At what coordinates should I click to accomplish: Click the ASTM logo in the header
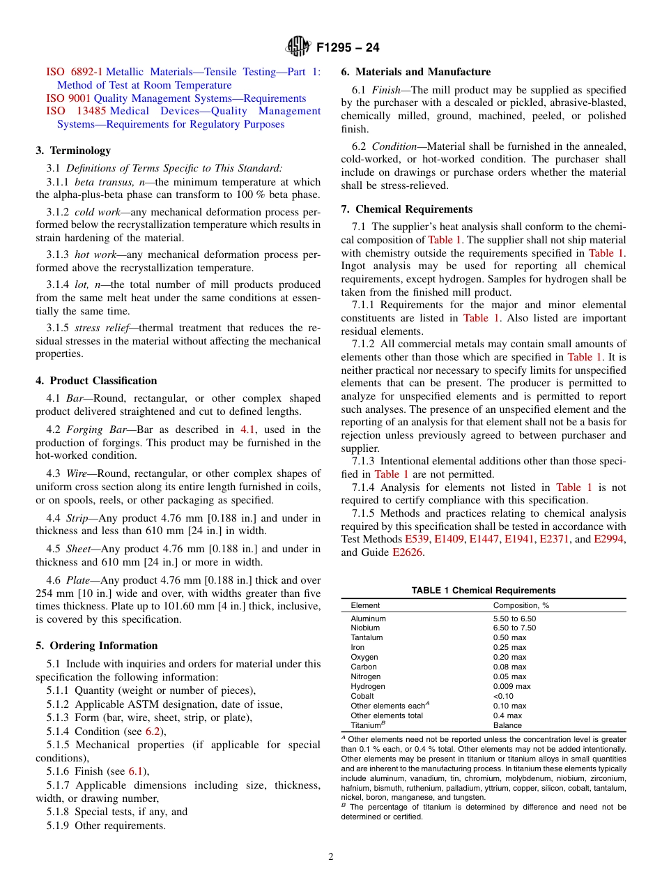298,47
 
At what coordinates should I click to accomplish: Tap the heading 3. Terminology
73,151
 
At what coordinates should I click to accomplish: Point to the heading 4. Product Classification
96,381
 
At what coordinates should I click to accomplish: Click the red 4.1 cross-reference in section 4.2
247,430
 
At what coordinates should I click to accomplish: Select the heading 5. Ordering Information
97,646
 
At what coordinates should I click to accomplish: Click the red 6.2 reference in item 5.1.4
153,731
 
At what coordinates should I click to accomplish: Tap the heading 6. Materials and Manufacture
415,72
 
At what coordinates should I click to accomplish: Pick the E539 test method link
417,540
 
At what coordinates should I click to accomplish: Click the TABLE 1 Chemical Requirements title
483,591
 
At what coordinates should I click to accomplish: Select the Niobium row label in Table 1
365,628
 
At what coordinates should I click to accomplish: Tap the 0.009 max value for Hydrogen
511,686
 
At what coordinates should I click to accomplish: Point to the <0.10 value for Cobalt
503,696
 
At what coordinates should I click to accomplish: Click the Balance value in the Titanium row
507,725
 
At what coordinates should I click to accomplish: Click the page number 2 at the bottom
331,857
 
